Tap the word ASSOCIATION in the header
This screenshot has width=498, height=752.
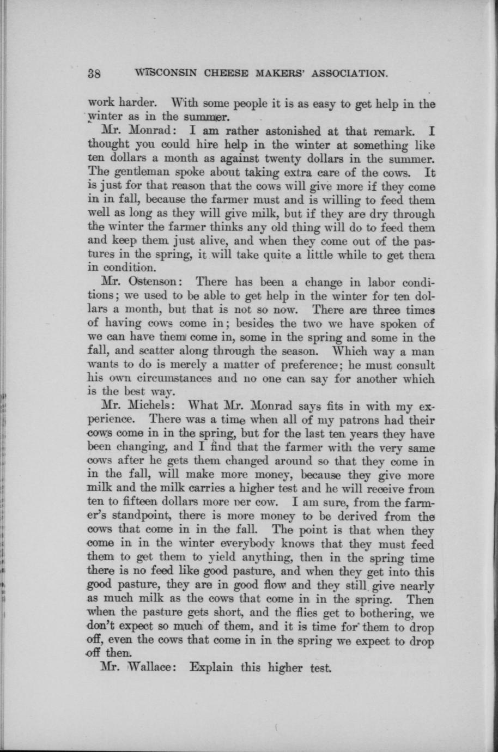pos(342,73)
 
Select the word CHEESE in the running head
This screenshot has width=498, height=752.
pos(221,73)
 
